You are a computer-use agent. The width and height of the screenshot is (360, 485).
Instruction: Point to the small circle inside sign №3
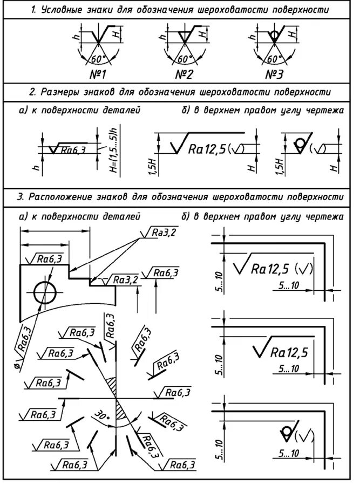coord(275,35)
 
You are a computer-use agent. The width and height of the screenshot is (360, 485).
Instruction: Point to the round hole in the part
coord(44,292)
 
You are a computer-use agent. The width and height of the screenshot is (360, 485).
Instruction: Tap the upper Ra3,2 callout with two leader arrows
coord(160,233)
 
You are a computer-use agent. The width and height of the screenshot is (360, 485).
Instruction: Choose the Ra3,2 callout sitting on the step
coord(125,279)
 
